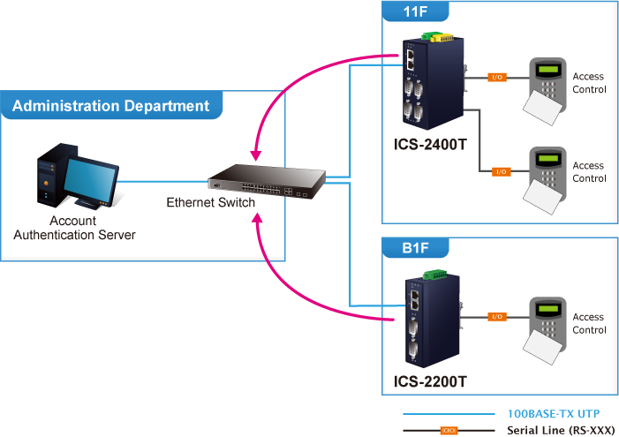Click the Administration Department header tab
click(x=111, y=106)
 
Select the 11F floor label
click(x=415, y=12)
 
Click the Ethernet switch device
click(x=266, y=182)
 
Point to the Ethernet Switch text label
click(x=210, y=203)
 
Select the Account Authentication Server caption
click(x=74, y=228)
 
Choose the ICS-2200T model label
click(x=430, y=382)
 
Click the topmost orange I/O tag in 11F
click(x=497, y=78)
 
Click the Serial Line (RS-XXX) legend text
click(x=560, y=430)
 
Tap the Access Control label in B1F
click(x=589, y=323)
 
